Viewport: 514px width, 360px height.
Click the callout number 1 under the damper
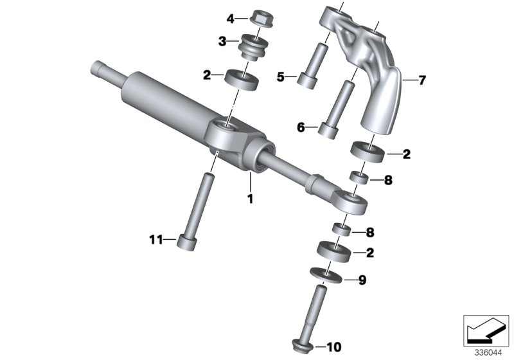tap(250, 199)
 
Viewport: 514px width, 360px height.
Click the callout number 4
tap(231, 19)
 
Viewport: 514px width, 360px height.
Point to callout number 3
tap(222, 42)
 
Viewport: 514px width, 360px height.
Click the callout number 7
tap(422, 80)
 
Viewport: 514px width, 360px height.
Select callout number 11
tap(156, 240)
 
